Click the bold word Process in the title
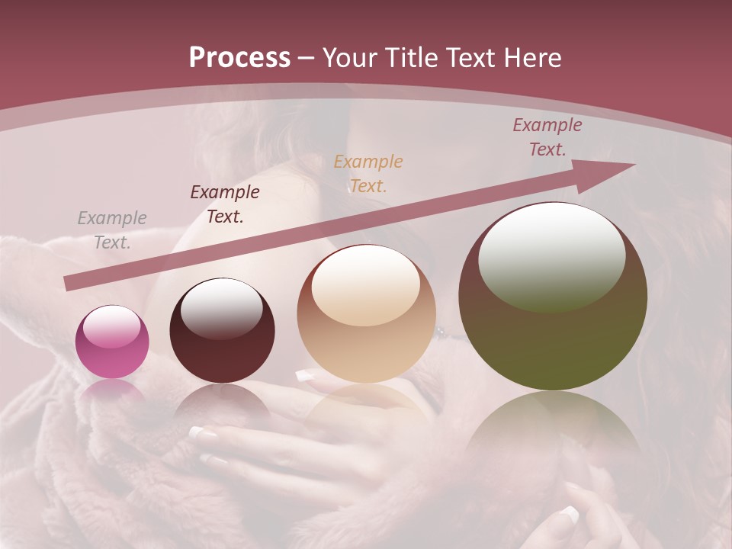point(239,58)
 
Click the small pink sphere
point(112,342)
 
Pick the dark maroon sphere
point(222,331)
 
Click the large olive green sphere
point(553,297)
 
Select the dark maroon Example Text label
point(225,204)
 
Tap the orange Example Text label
point(368,173)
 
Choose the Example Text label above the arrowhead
point(547,137)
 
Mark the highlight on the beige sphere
point(366,284)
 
